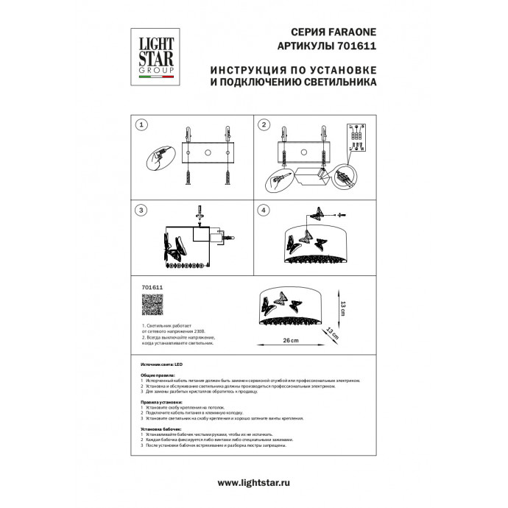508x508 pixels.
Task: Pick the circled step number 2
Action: [x=264, y=126]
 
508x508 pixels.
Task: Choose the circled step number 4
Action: [x=264, y=211]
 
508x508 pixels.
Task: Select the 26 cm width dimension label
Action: [x=292, y=340]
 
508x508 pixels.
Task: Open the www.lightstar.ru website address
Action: [x=253, y=482]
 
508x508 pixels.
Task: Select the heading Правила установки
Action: [x=160, y=403]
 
